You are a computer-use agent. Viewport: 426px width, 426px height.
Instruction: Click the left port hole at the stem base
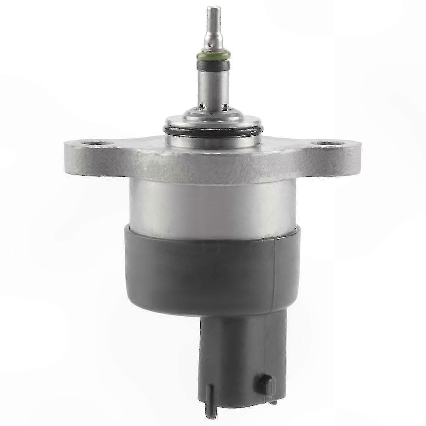click(x=202, y=105)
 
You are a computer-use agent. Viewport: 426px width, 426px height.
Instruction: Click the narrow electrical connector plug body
click(x=236, y=359)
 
